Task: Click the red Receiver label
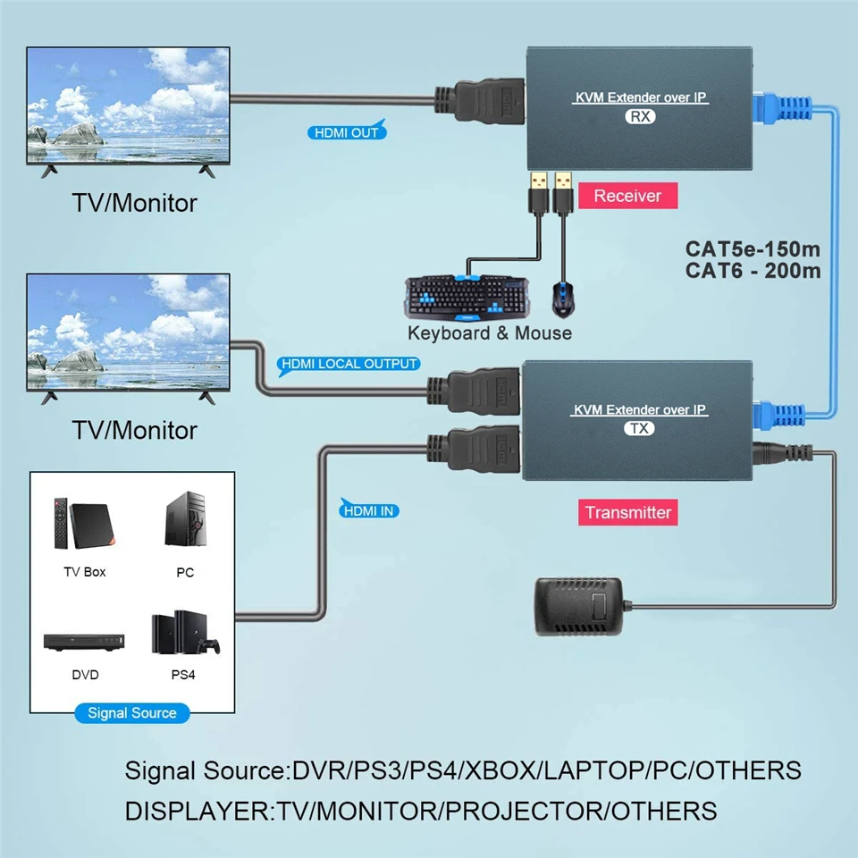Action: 627,196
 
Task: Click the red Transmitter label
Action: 627,512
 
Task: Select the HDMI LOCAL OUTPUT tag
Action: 349,364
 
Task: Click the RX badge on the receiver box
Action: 640,116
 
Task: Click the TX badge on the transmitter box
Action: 639,428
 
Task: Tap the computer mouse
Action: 561,299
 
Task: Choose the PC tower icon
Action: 185,520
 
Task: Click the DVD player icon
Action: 85,641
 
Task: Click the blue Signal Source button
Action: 132,713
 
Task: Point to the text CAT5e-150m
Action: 753,248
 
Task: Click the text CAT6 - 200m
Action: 753,270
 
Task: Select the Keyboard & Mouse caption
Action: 490,333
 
